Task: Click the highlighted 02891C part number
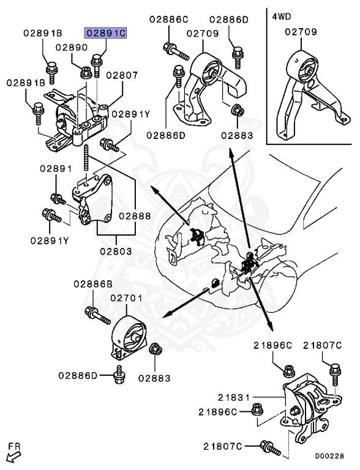[105, 32]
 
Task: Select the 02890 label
[72, 47]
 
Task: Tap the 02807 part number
[121, 75]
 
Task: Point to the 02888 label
[135, 215]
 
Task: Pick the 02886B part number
[93, 284]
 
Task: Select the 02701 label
[126, 298]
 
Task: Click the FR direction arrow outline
[12, 455]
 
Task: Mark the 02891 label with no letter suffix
[56, 168]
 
